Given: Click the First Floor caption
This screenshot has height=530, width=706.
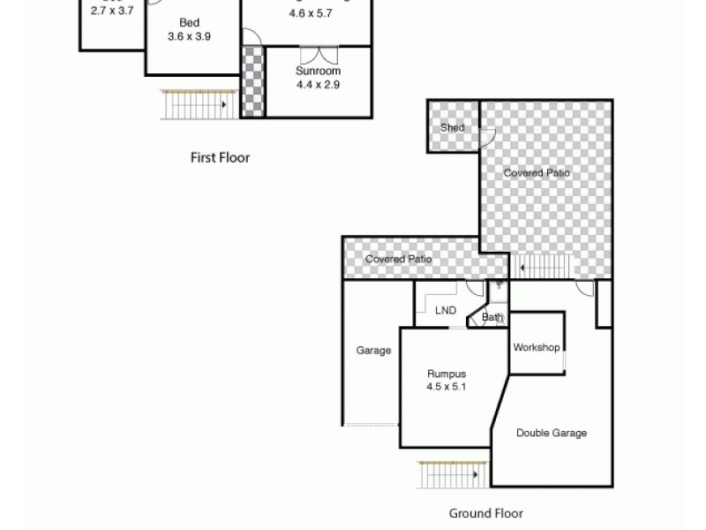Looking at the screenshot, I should [x=220, y=158].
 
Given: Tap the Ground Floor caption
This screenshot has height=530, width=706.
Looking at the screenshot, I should [x=485, y=513].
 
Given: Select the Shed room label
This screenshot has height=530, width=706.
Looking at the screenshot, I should [x=453, y=127].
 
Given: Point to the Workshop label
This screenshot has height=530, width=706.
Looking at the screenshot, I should [x=537, y=347].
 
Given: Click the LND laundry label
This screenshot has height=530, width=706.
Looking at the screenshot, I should [x=446, y=310].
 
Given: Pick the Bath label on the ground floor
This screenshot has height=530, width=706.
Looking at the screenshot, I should [x=492, y=317].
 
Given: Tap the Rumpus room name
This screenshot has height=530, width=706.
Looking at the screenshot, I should [x=446, y=374].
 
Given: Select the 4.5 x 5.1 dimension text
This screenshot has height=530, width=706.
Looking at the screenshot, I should [x=446, y=387].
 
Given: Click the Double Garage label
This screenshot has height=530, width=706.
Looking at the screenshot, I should [x=552, y=433].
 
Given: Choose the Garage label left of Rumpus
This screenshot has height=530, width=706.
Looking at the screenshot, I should [x=373, y=351].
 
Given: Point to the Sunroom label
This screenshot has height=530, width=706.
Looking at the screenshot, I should [x=318, y=71].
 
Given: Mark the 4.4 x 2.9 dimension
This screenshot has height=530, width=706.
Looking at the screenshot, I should [x=318, y=85].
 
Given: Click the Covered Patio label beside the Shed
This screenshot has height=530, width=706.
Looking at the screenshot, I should [x=537, y=173].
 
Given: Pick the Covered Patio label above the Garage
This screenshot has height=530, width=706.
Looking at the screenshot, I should [x=399, y=259].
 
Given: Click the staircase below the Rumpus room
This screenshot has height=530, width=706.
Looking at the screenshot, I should [x=453, y=474].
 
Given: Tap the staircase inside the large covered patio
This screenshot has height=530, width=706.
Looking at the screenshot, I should [x=544, y=266].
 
